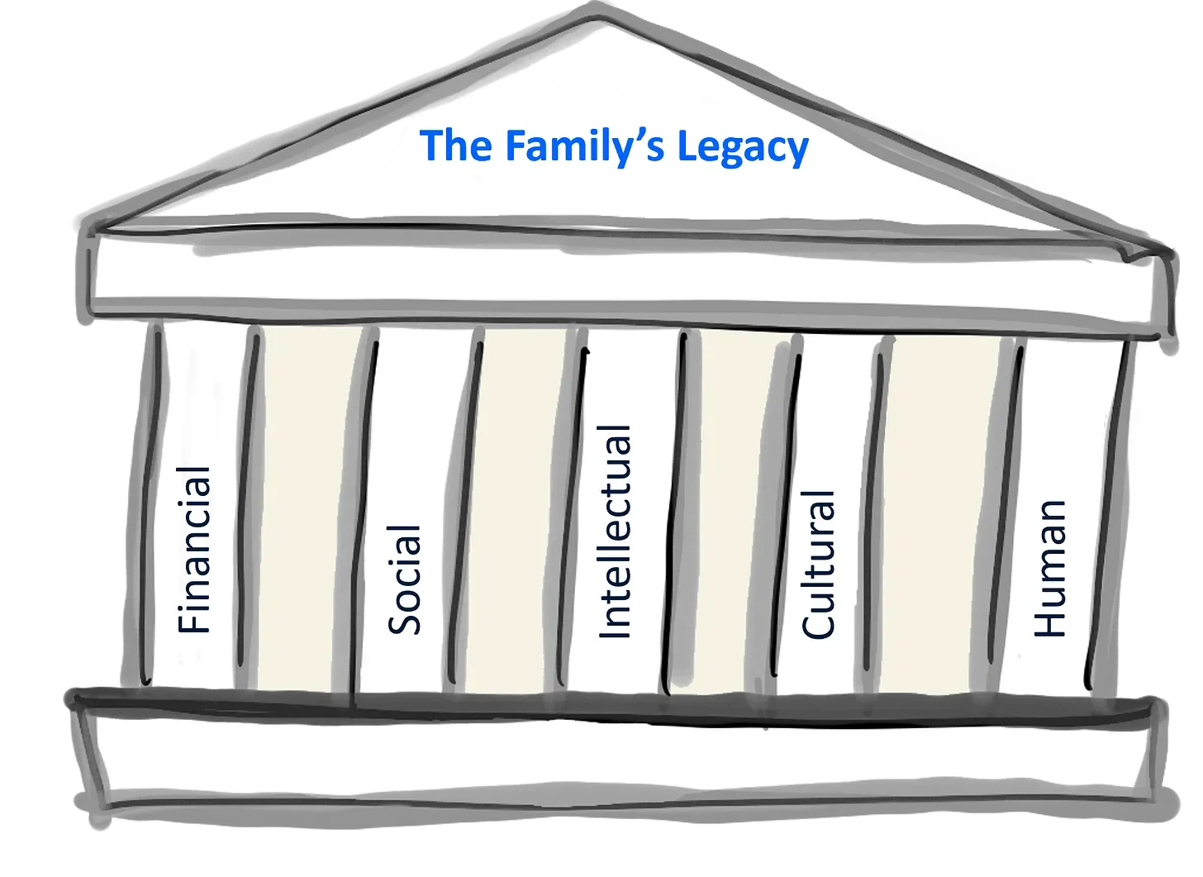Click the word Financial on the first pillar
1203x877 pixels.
[x=196, y=550]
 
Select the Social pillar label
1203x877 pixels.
[x=405, y=579]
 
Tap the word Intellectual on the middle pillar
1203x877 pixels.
[x=615, y=532]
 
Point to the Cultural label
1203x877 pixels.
[x=819, y=565]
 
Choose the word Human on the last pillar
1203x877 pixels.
[x=1051, y=569]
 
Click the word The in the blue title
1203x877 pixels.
[x=456, y=146]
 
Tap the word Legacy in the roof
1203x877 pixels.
[x=742, y=149]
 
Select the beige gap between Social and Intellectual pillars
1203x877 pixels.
[x=519, y=512]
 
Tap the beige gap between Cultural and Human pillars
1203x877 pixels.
[x=942, y=512]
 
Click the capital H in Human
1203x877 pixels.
[x=1051, y=621]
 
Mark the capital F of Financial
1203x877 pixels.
[x=196, y=620]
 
